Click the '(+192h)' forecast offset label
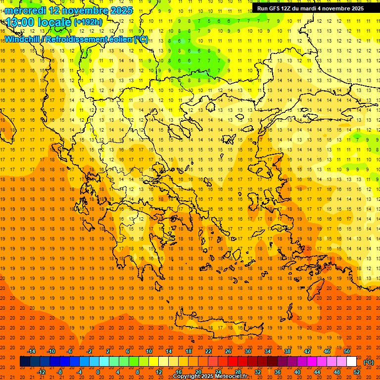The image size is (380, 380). coord(88,22)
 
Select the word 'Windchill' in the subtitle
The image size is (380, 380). coord(23,39)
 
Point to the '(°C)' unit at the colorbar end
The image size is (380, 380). coord(369,362)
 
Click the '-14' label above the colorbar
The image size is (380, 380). coord(32,351)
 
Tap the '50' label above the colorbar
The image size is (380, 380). coord(347,351)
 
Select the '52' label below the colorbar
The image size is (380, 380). coord(357,372)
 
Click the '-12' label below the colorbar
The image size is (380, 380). coord(41,372)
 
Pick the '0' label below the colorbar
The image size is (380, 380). coord(98,372)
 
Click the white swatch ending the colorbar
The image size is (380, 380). coord(352,362)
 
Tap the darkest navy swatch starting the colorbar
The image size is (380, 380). coord(25,362)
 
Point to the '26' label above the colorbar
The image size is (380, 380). coord(228,351)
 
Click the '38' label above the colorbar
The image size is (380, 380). coord(287,351)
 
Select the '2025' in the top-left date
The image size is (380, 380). coord(121,10)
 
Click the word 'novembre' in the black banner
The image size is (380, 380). coord(334,8)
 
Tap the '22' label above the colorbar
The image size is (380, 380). coord(208,351)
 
